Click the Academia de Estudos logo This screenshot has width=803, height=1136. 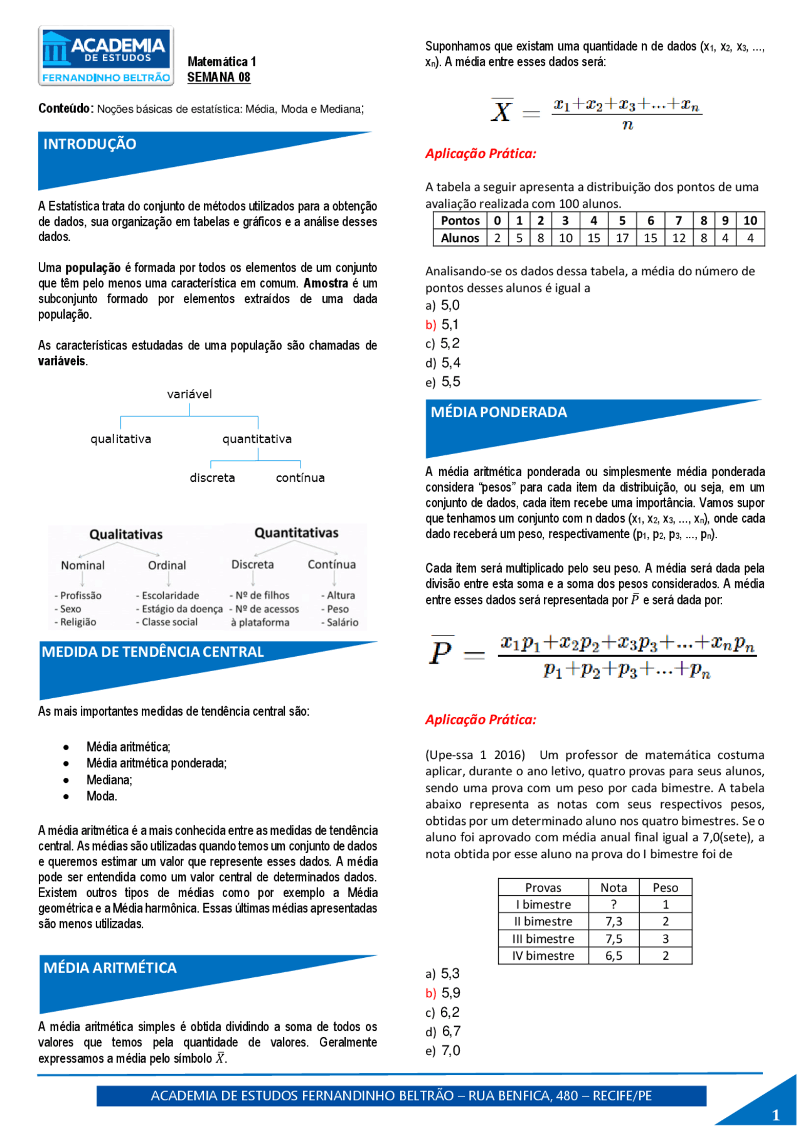click(105, 56)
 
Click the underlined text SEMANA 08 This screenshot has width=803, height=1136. click(218, 77)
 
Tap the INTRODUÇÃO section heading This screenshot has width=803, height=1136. click(90, 144)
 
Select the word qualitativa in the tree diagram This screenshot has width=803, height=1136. click(120, 439)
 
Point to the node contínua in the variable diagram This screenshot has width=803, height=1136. click(300, 478)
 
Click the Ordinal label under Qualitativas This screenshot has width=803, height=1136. click(167, 565)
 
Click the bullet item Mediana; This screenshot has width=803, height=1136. click(109, 780)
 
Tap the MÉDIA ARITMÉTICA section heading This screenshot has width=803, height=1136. click(110, 968)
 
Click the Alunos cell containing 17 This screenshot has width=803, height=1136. click(622, 238)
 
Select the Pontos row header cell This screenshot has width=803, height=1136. click(460, 221)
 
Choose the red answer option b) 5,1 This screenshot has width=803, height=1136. click(442, 325)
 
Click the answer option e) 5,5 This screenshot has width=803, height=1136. click(443, 382)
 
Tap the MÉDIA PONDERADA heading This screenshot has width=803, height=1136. click(498, 412)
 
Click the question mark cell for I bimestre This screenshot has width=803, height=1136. click(613, 905)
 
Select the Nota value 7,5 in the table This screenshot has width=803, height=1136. click(613, 938)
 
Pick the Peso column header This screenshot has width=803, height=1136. click(665, 888)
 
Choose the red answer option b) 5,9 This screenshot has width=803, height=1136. click(443, 993)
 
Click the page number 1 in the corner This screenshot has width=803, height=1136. click(775, 1115)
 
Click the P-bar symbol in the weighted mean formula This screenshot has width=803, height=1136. click(441, 652)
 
